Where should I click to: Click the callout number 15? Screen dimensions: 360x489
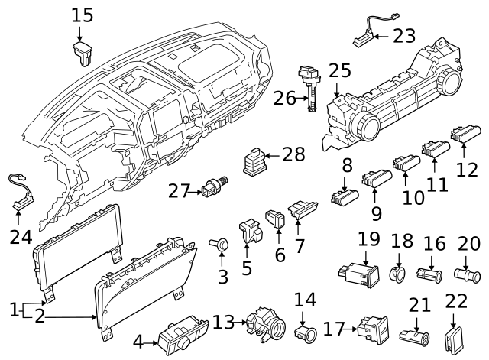click(x=83, y=15)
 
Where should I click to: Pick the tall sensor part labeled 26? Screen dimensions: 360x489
click(x=312, y=88)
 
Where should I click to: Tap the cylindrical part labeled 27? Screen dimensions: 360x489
click(x=212, y=187)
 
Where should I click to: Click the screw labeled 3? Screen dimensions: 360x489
click(x=222, y=244)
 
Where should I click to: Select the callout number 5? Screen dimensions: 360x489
click(x=247, y=269)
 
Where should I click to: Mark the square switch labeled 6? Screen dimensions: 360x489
click(x=275, y=220)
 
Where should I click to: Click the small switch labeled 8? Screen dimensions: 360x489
click(x=345, y=199)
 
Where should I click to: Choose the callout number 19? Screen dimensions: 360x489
click(x=369, y=239)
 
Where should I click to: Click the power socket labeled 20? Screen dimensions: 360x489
click(x=467, y=272)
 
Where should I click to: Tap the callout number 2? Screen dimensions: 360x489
click(x=40, y=316)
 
